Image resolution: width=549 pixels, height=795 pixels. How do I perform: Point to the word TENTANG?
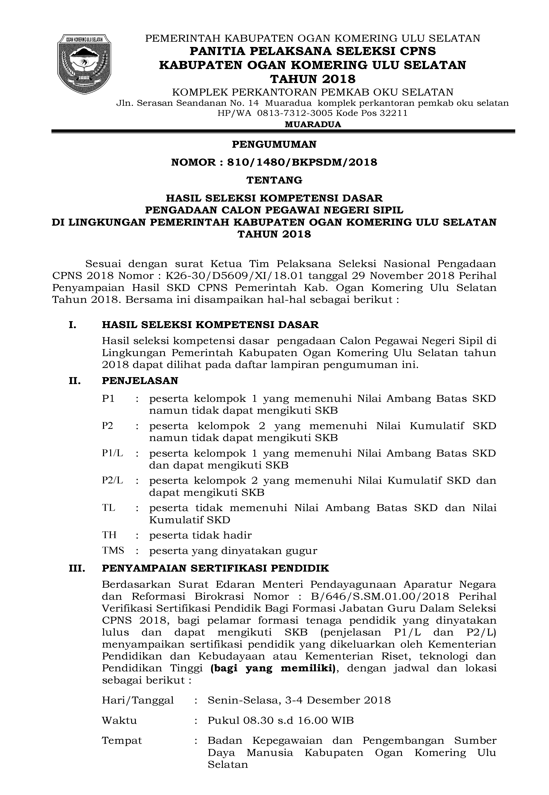click(274, 180)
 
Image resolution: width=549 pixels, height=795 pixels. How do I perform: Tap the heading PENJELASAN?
click(140, 381)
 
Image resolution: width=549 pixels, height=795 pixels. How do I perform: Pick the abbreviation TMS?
click(113, 551)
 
